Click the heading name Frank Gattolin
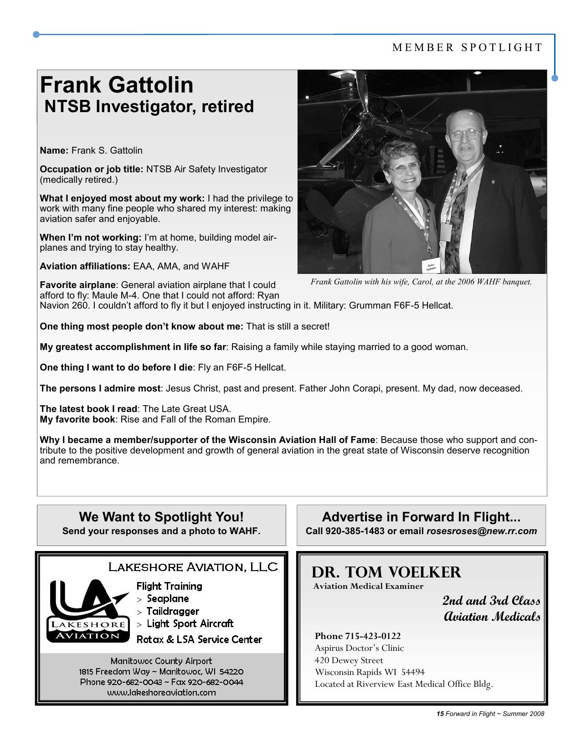[x=117, y=85]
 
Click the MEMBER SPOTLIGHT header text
[x=468, y=48]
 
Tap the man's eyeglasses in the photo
[x=464, y=135]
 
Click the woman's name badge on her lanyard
[x=430, y=267]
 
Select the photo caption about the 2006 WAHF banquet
[x=421, y=282]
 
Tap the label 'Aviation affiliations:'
[x=85, y=266]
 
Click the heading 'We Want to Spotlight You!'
[x=161, y=517]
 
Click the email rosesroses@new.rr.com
[x=481, y=531]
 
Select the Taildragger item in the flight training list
[x=172, y=611]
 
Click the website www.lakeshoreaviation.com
[x=161, y=692]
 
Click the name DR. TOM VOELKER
[x=386, y=572]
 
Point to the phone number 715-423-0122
[x=372, y=636]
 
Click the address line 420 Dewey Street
[x=349, y=660]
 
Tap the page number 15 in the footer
[x=440, y=714]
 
